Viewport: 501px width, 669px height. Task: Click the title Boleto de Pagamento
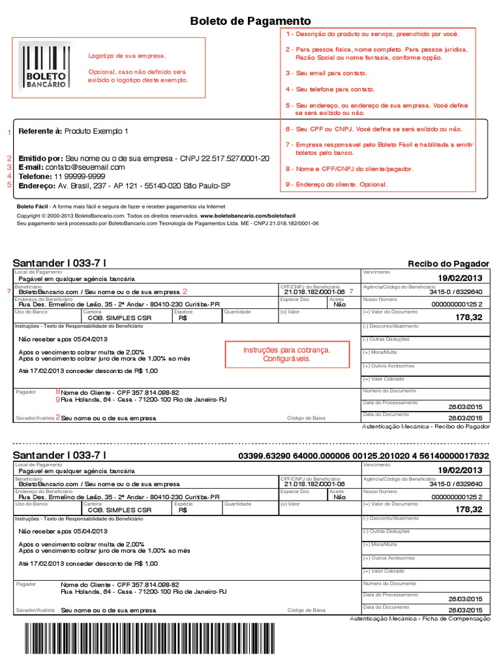(x=250, y=22)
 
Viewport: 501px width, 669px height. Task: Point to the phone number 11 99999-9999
(x=80, y=176)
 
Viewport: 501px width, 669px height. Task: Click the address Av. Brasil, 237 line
(x=144, y=186)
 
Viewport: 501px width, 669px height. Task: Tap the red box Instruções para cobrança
(x=287, y=355)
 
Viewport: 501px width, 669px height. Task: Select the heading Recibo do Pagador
(x=448, y=264)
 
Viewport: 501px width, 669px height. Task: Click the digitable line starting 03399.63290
(x=364, y=455)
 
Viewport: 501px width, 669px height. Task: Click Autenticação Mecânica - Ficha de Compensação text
(x=419, y=618)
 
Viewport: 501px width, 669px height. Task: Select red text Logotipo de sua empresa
(x=127, y=56)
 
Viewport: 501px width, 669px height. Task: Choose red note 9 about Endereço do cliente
(x=337, y=184)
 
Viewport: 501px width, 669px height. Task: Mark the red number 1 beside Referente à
(x=8, y=133)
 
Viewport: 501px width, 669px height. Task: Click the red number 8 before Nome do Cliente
(x=57, y=391)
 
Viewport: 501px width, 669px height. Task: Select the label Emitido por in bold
(x=41, y=159)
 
